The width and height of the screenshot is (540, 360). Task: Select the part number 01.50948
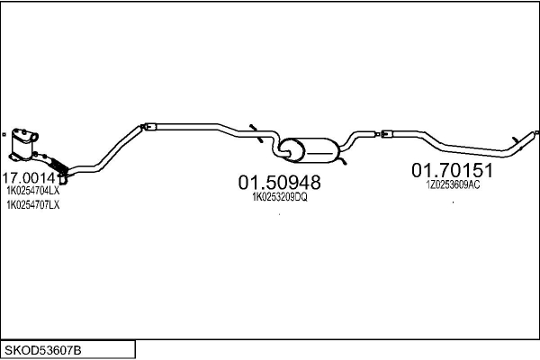(279, 182)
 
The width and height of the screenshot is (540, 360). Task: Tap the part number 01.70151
(452, 170)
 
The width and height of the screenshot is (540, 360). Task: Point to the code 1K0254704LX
(33, 190)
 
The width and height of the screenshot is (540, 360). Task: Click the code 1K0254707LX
(33, 205)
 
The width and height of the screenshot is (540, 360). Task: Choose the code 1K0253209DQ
(280, 197)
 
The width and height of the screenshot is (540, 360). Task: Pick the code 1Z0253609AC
(453, 185)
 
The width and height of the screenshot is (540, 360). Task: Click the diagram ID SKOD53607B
(42, 350)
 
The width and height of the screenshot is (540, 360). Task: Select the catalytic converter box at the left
(23, 145)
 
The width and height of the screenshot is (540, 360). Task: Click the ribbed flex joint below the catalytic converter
(58, 166)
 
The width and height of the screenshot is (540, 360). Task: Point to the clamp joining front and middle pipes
(148, 127)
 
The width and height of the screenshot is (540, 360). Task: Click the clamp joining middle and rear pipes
(384, 133)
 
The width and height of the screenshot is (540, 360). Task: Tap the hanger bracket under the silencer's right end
(342, 161)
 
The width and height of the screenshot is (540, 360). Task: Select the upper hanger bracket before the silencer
(254, 127)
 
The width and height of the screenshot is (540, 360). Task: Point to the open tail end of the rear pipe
(536, 132)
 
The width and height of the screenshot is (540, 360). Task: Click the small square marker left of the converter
(4, 135)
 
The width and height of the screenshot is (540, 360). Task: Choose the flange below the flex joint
(63, 178)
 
